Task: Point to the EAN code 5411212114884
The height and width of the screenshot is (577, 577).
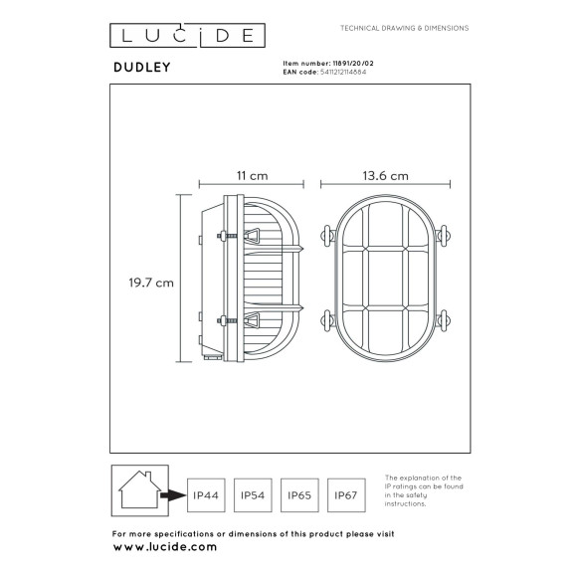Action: (344, 72)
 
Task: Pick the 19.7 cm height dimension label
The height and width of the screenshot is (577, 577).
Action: (153, 283)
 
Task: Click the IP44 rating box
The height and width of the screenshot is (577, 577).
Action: (205, 493)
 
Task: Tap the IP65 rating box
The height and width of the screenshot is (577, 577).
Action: (301, 493)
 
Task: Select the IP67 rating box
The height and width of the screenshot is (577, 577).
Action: (349, 493)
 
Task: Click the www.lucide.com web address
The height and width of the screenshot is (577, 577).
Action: (164, 547)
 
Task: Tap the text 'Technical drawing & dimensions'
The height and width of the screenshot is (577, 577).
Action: (404, 28)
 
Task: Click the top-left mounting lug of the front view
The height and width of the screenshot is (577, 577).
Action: (325, 237)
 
